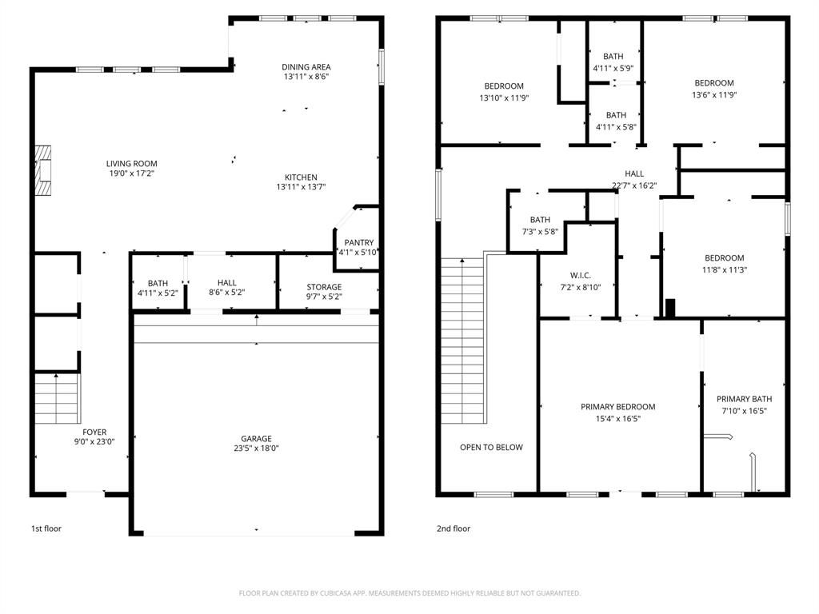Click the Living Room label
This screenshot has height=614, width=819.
(132, 163)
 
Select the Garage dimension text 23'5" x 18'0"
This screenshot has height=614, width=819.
(257, 449)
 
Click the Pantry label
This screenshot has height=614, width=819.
(359, 242)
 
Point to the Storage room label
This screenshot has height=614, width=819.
(324, 287)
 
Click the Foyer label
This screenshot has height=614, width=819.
(94, 432)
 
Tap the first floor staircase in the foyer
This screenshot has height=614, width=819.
(58, 397)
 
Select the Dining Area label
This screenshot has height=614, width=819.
(306, 67)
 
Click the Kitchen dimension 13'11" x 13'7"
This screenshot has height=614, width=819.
(301, 187)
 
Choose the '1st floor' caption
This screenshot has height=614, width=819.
(46, 528)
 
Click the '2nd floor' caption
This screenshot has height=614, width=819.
(453, 528)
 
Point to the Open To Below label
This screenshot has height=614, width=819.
(491, 447)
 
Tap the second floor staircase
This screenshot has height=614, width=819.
(463, 340)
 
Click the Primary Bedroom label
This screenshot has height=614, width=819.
(617, 407)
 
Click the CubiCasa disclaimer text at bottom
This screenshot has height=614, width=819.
(409, 593)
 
